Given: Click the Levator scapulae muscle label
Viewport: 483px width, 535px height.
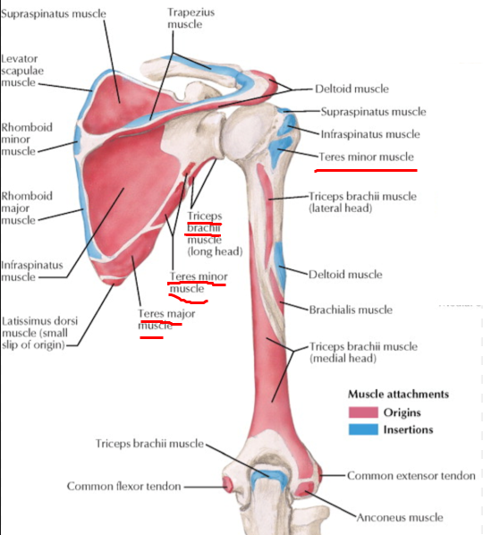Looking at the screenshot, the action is [x=22, y=71].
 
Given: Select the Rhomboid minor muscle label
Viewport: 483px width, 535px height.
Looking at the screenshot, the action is [x=27, y=140].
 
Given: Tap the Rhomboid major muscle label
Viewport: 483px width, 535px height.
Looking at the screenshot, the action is [x=27, y=208].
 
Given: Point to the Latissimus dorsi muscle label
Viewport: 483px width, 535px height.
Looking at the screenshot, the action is [x=39, y=333].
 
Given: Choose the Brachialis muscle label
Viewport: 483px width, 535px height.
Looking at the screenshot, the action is [x=351, y=310].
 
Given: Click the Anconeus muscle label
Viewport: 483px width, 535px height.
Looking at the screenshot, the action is [x=400, y=518].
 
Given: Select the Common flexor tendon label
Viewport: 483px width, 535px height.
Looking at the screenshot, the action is [x=123, y=486].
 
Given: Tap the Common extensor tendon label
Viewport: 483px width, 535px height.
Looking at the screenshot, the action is [x=411, y=476].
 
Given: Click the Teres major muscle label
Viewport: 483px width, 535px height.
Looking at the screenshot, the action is [x=166, y=319].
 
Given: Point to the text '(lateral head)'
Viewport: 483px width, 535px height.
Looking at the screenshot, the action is [x=340, y=208].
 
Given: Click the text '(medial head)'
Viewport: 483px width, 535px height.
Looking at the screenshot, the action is [x=343, y=359].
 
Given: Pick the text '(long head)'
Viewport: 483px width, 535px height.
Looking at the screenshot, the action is [x=216, y=251].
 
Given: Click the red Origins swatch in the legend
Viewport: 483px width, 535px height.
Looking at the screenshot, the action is [x=363, y=412].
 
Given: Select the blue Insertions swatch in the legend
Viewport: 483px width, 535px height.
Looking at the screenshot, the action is [x=363, y=429].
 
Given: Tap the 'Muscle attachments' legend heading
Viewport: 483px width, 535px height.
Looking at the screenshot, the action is [x=398, y=394].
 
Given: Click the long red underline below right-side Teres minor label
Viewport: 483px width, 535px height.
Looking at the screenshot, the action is [x=366, y=170].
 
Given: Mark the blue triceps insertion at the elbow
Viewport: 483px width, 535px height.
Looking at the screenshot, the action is [x=269, y=476].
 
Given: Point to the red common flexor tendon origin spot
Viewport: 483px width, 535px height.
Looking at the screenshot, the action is [x=227, y=484].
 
